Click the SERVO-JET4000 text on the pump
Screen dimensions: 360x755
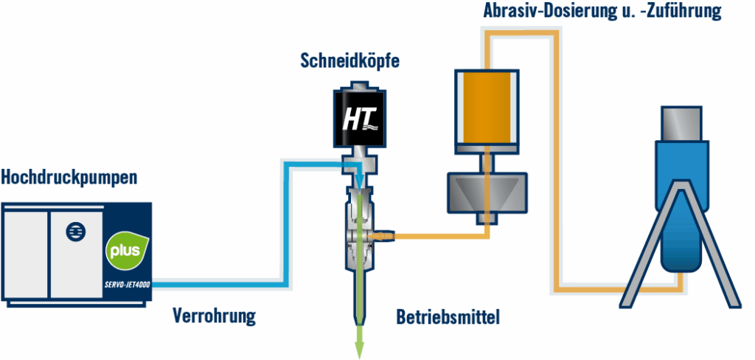coord(127,287)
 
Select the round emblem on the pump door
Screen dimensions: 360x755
coord(74,231)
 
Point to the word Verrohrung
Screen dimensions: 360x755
coord(214,318)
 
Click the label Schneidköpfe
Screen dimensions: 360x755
coord(349,60)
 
